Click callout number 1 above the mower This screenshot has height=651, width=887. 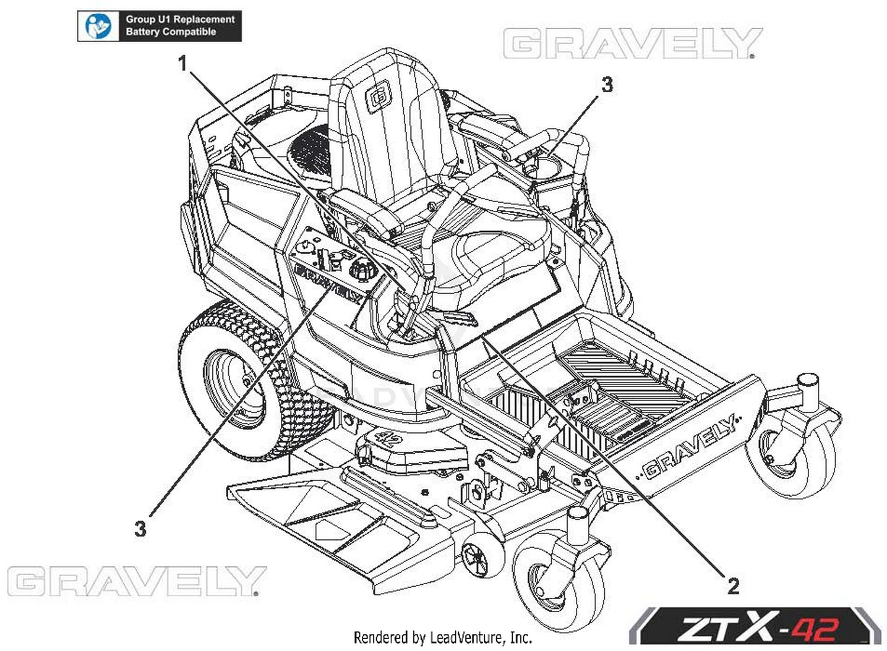pos(182,63)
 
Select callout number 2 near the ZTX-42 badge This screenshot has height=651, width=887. pos(733,587)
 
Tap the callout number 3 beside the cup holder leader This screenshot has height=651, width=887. pos(607,84)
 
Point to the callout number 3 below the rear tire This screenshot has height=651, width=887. pos(141,529)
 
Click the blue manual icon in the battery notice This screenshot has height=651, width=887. pos(98,26)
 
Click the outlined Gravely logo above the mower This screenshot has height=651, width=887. pos(633,43)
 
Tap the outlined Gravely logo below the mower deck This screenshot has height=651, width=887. pos(137,581)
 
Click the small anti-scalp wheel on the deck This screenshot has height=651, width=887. pos(483,555)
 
